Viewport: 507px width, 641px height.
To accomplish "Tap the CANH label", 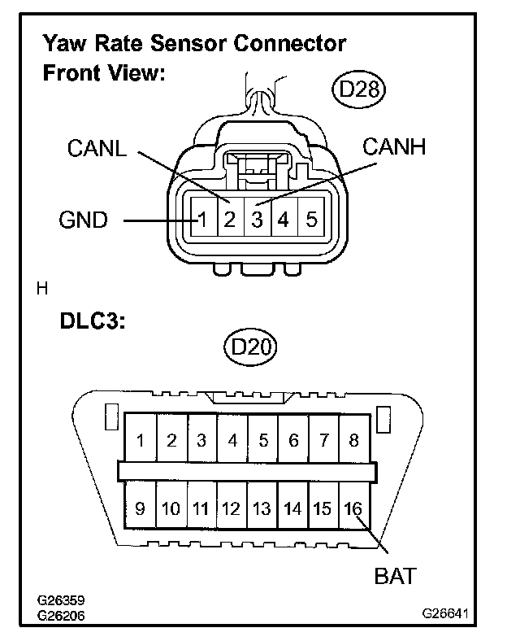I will point(394,146).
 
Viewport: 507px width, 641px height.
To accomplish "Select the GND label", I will point(84,220).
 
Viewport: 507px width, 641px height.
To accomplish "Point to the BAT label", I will point(395,576).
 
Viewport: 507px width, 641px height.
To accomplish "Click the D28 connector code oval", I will point(358,89).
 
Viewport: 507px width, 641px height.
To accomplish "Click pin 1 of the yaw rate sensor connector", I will point(203,220).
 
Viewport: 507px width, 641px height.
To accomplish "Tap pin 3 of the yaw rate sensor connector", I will point(256,220).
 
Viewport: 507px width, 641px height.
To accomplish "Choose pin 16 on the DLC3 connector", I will point(353,509).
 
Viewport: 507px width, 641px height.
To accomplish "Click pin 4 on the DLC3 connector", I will point(233,442).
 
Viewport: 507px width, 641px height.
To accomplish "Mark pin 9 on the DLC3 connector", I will point(141,509).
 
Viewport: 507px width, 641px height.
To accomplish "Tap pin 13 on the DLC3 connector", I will point(262,509).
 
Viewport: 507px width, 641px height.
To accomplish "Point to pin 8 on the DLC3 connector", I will point(353,442).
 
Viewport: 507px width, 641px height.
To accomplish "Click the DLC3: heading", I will point(92,320).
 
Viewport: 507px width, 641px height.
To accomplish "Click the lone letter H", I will point(41,288).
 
